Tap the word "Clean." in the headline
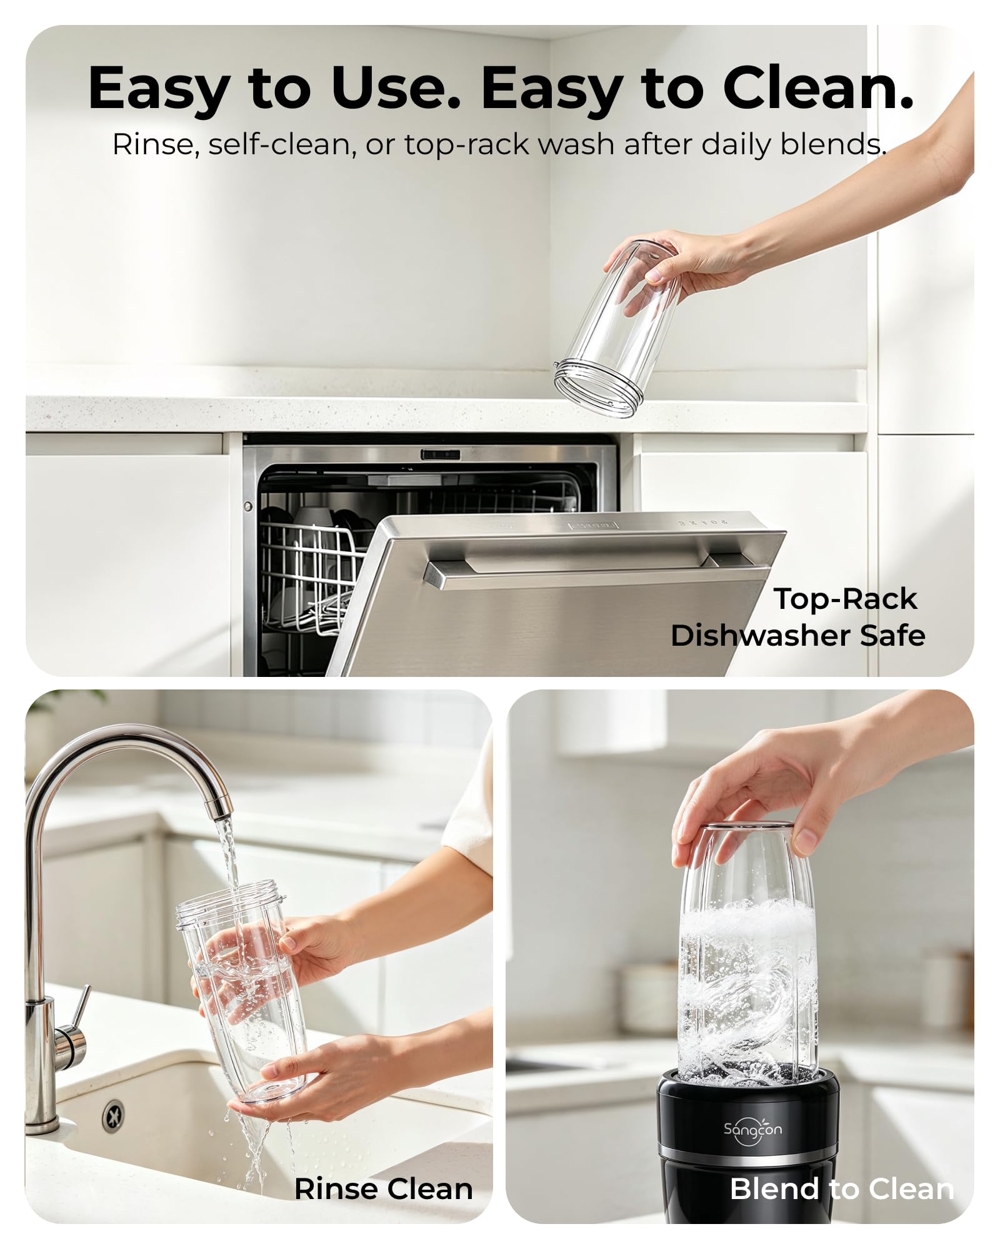pos(818,88)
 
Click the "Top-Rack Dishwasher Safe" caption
pos(797,617)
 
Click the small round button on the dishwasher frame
pos(248,506)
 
